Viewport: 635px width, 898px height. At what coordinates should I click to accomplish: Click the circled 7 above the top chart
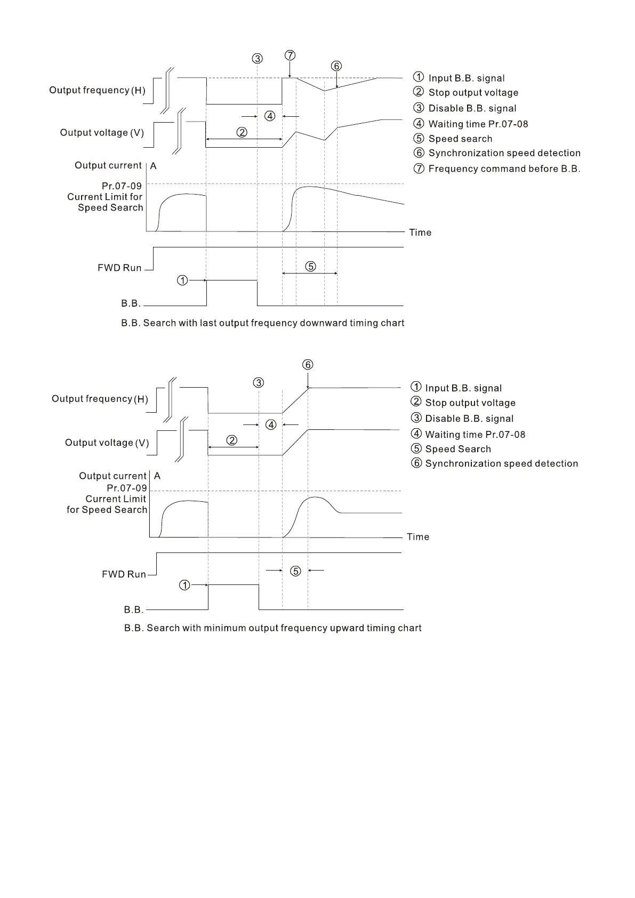click(x=290, y=55)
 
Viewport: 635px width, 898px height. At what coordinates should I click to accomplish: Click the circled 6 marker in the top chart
click(x=336, y=66)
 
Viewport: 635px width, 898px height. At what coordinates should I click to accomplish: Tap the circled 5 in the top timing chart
click(x=310, y=266)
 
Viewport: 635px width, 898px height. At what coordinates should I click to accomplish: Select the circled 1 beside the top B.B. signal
click(x=182, y=280)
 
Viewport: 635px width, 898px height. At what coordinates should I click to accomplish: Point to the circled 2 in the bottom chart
click(x=232, y=440)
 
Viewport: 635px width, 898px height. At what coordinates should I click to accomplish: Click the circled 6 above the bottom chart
click(x=308, y=365)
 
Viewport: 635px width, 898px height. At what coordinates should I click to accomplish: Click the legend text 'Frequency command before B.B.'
click(x=504, y=169)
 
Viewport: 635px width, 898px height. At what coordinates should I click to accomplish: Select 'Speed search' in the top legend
click(x=460, y=139)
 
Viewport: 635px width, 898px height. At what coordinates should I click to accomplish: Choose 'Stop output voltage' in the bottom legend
click(x=470, y=403)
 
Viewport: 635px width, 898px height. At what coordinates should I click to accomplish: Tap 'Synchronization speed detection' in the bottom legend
click(x=501, y=464)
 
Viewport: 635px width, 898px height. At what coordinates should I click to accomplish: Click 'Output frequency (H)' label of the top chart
click(x=97, y=90)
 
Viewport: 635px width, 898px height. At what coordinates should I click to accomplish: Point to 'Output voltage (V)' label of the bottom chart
click(x=107, y=443)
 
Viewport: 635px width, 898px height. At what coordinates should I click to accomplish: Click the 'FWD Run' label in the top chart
click(x=119, y=268)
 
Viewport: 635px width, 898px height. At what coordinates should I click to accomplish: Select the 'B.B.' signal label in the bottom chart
click(x=134, y=610)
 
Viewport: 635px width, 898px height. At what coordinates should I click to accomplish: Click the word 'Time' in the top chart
click(x=420, y=232)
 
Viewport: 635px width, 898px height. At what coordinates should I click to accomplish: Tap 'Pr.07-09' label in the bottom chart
click(x=126, y=488)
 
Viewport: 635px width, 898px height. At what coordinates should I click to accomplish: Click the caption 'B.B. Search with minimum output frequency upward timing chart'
click(x=272, y=628)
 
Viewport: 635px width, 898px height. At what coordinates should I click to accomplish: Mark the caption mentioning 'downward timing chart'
click(x=262, y=323)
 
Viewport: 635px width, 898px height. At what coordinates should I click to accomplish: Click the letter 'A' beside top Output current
click(x=154, y=166)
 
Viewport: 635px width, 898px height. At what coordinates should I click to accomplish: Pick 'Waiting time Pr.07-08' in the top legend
click(x=478, y=124)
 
